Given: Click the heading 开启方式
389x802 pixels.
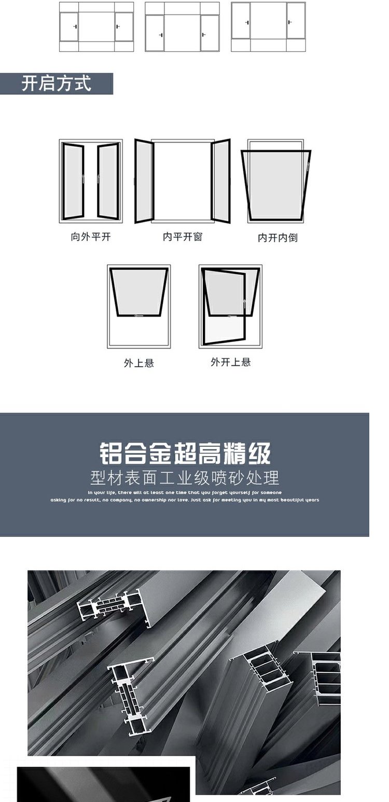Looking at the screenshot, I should (56, 84).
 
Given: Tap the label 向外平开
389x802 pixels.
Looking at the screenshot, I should (91, 237).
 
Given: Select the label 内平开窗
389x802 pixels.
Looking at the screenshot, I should (182, 237).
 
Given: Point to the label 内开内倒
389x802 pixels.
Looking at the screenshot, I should (277, 238).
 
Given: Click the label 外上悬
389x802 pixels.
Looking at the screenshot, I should (138, 363).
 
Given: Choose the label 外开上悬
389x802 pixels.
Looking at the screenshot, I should (230, 362).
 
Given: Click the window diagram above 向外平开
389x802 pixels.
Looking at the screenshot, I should (91, 181).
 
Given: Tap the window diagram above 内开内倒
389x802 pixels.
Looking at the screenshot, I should (276, 182).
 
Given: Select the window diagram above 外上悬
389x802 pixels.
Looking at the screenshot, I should (139, 306).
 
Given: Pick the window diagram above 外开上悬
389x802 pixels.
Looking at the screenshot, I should (230, 306).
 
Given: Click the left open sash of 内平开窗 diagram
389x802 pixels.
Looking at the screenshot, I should (144, 181).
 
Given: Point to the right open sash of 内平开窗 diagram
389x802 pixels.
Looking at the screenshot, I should (221, 181).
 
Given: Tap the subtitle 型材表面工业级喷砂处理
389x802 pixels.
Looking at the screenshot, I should (185, 477).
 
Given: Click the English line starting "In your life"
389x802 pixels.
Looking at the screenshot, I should (185, 492).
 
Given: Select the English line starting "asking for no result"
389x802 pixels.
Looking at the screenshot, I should (185, 500).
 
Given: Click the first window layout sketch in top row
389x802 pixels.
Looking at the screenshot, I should (96, 27).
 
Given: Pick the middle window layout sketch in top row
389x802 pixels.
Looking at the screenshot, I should (182, 27).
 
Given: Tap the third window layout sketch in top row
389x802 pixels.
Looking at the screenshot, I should (268, 27).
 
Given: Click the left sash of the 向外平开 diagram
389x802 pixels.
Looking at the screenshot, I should (73, 182).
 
